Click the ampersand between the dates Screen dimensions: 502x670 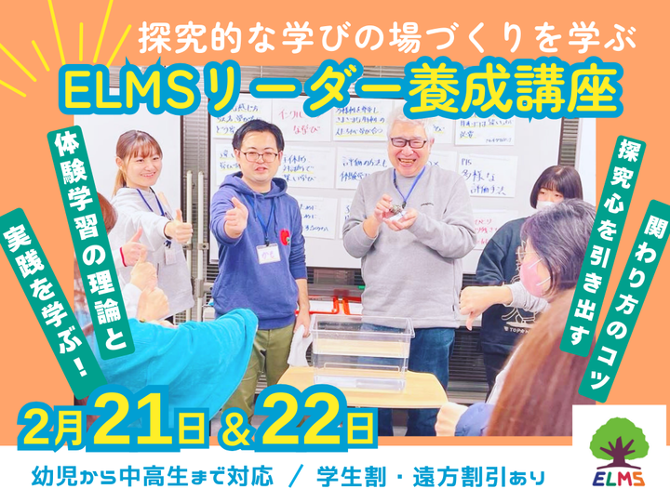coord(230,429)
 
